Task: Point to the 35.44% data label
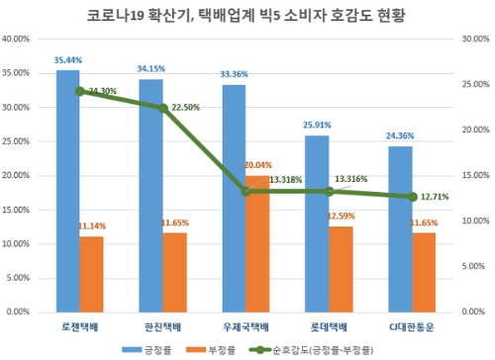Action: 67,60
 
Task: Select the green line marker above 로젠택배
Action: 80,91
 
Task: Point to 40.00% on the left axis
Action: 20,40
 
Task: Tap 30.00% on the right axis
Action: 472,40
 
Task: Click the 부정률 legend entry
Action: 216,349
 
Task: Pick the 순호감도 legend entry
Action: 311,349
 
